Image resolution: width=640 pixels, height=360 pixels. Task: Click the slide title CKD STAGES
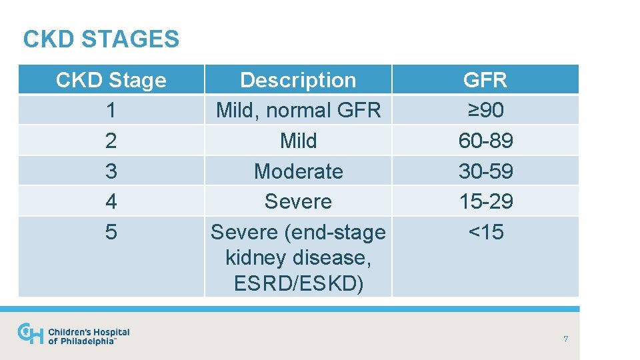coord(101,39)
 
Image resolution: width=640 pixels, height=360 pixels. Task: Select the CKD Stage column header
coord(111,80)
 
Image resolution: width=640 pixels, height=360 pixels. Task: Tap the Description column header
coord(298,80)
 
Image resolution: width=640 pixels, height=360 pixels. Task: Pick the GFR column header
coord(485,80)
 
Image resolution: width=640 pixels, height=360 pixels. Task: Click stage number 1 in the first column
coord(111,110)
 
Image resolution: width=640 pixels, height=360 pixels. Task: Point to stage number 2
coord(111,141)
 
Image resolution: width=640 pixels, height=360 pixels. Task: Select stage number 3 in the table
coord(111,171)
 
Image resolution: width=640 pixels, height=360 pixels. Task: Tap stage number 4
coord(111,201)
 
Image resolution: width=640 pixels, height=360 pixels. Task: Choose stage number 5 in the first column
coord(111,232)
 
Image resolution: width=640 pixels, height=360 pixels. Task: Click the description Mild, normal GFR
coord(298,110)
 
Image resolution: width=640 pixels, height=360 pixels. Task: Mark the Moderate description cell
coord(298,171)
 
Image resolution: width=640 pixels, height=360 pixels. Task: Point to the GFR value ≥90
coord(485,110)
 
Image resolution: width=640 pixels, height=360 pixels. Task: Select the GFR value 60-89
coord(485,141)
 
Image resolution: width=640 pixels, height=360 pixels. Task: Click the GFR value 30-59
coord(485,171)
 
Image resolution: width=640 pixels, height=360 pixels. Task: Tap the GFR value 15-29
coord(485,201)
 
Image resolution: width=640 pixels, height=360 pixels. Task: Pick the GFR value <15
coord(485,232)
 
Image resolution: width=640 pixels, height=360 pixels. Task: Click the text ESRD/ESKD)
coord(298,283)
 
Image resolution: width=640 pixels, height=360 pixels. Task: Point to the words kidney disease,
coord(298,257)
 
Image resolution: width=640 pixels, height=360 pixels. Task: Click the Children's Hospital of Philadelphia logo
coord(73,335)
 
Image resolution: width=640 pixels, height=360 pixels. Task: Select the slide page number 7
coord(565,339)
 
